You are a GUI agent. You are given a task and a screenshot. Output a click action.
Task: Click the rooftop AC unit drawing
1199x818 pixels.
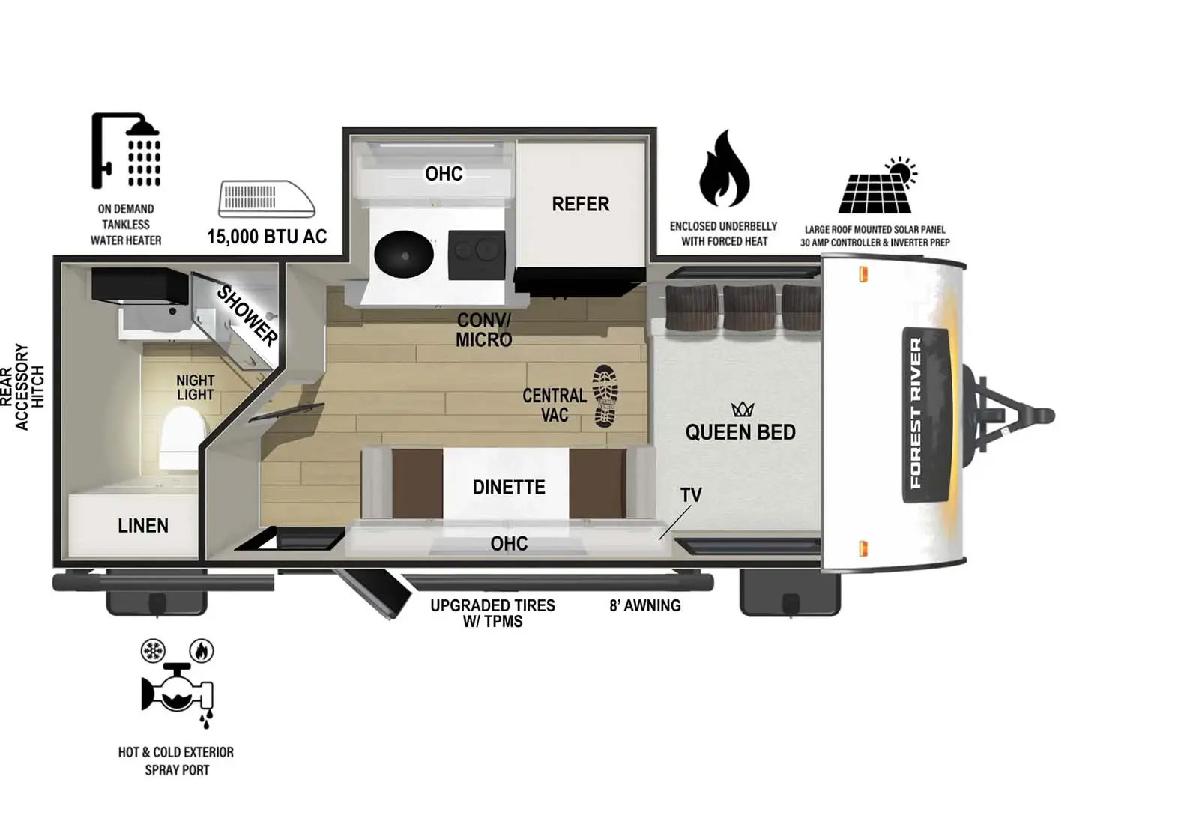pos(266,199)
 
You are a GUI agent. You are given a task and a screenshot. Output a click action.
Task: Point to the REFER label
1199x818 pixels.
pos(580,204)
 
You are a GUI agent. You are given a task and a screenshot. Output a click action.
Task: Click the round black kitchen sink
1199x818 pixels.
pos(404,254)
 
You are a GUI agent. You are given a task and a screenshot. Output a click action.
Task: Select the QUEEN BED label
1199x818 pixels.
pos(740,432)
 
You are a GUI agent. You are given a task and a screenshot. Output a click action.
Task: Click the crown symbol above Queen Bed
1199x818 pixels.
pos(742,409)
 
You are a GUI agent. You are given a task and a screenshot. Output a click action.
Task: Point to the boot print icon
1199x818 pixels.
pos(605,396)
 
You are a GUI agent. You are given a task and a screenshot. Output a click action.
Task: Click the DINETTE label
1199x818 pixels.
pos(509,488)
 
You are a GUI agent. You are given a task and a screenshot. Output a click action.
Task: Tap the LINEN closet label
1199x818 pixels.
pos(142,526)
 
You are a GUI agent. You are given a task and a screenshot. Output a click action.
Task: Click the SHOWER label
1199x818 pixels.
pos(247,315)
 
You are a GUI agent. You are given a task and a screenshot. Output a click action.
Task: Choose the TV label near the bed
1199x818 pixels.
pos(690,495)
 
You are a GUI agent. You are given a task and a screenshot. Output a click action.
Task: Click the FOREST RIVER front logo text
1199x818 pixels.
pos(916,413)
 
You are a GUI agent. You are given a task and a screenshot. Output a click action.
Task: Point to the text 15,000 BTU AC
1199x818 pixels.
pos(267,237)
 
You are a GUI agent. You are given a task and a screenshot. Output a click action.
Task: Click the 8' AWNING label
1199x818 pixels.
pos(644,605)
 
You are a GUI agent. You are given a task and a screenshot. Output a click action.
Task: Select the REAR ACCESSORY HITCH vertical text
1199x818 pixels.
pos(22,387)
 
